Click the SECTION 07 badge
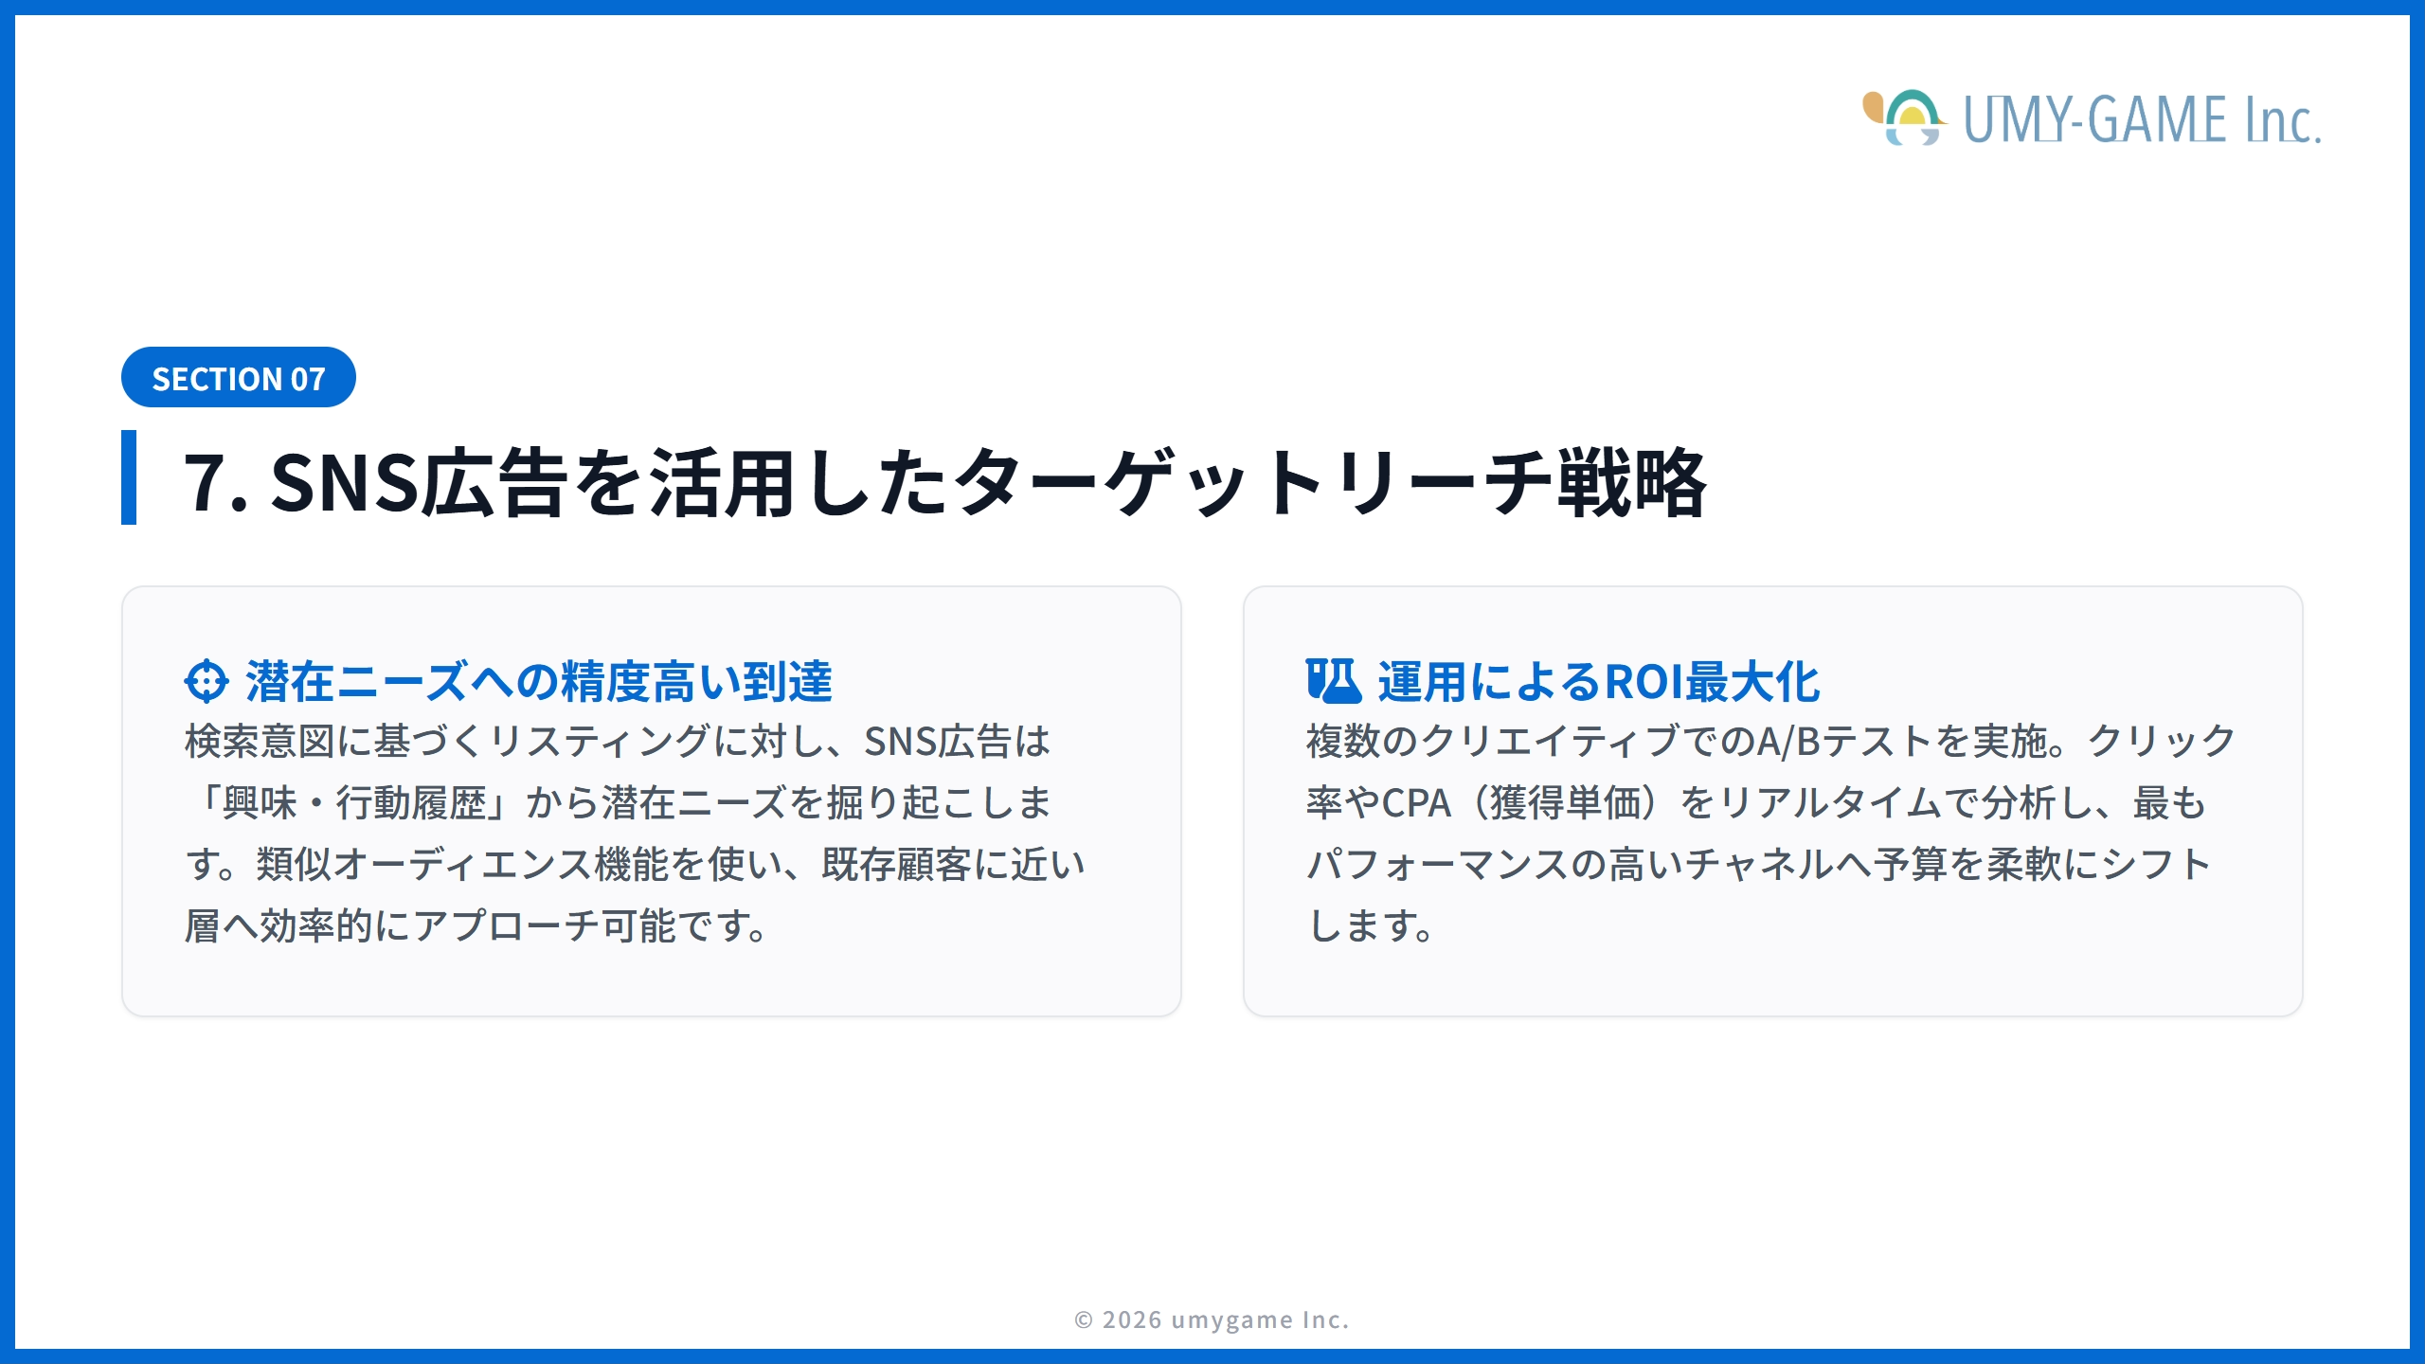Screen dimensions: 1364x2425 (x=238, y=378)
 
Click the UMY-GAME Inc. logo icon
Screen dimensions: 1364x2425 (x=1904, y=118)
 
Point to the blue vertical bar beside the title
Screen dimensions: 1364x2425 (x=129, y=477)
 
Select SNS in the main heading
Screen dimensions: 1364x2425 (x=344, y=483)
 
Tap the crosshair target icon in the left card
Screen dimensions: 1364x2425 (x=207, y=681)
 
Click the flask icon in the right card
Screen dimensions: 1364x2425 (x=1333, y=681)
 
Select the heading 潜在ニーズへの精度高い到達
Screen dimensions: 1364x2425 (x=539, y=682)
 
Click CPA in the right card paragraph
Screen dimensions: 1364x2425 (x=1416, y=803)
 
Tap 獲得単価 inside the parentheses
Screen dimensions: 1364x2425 (x=1565, y=803)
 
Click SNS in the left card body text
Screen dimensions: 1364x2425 (x=900, y=742)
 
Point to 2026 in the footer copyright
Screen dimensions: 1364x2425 (x=1132, y=1319)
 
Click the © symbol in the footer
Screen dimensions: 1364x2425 (x=1084, y=1319)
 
